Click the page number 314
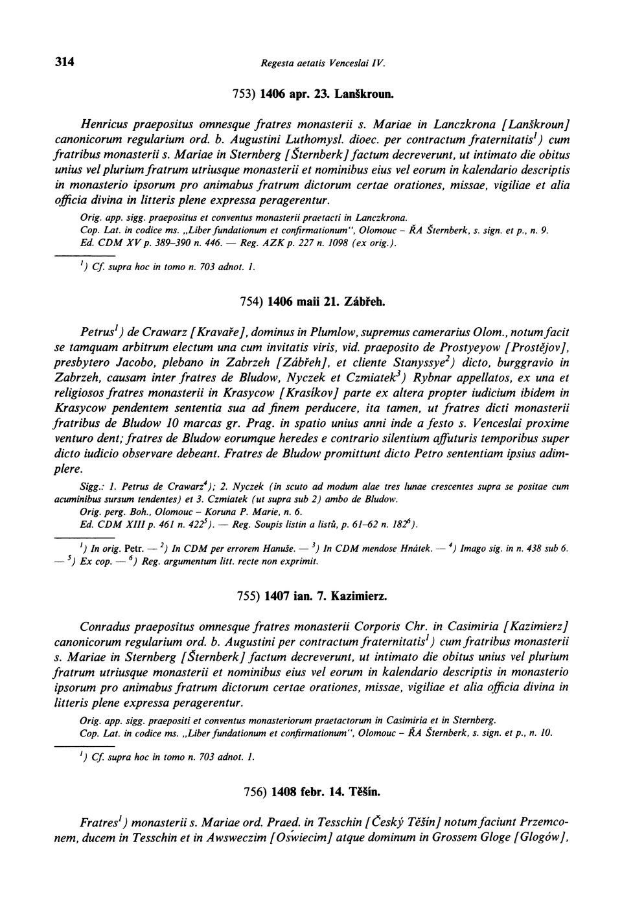tap(65, 62)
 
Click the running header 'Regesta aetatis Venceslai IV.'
tap(323, 63)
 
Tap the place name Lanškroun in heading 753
tap(364, 94)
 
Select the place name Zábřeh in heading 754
tap(367, 302)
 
